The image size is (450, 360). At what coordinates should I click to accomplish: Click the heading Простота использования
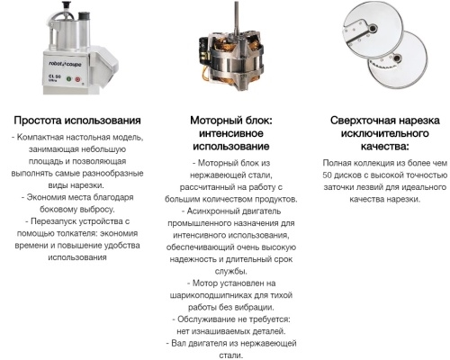(76, 121)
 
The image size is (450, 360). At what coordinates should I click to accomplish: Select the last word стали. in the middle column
(231, 354)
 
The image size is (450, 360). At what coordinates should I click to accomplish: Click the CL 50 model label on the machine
(54, 76)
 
